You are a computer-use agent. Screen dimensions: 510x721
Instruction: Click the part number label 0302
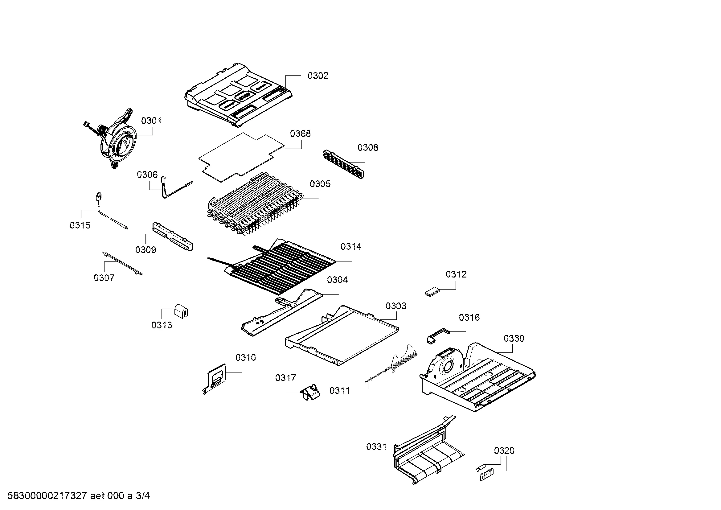318,76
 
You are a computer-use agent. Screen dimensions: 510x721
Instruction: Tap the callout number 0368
300,134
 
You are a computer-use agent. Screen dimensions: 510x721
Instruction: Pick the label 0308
368,148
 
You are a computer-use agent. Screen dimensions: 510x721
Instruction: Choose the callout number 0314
351,247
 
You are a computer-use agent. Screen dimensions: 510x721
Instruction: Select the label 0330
514,339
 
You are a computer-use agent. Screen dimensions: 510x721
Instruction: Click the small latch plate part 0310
215,378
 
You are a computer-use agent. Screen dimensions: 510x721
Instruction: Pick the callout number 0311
339,391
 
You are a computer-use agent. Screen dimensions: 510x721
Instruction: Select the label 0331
376,446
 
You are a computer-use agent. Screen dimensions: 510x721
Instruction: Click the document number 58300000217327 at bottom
47,496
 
